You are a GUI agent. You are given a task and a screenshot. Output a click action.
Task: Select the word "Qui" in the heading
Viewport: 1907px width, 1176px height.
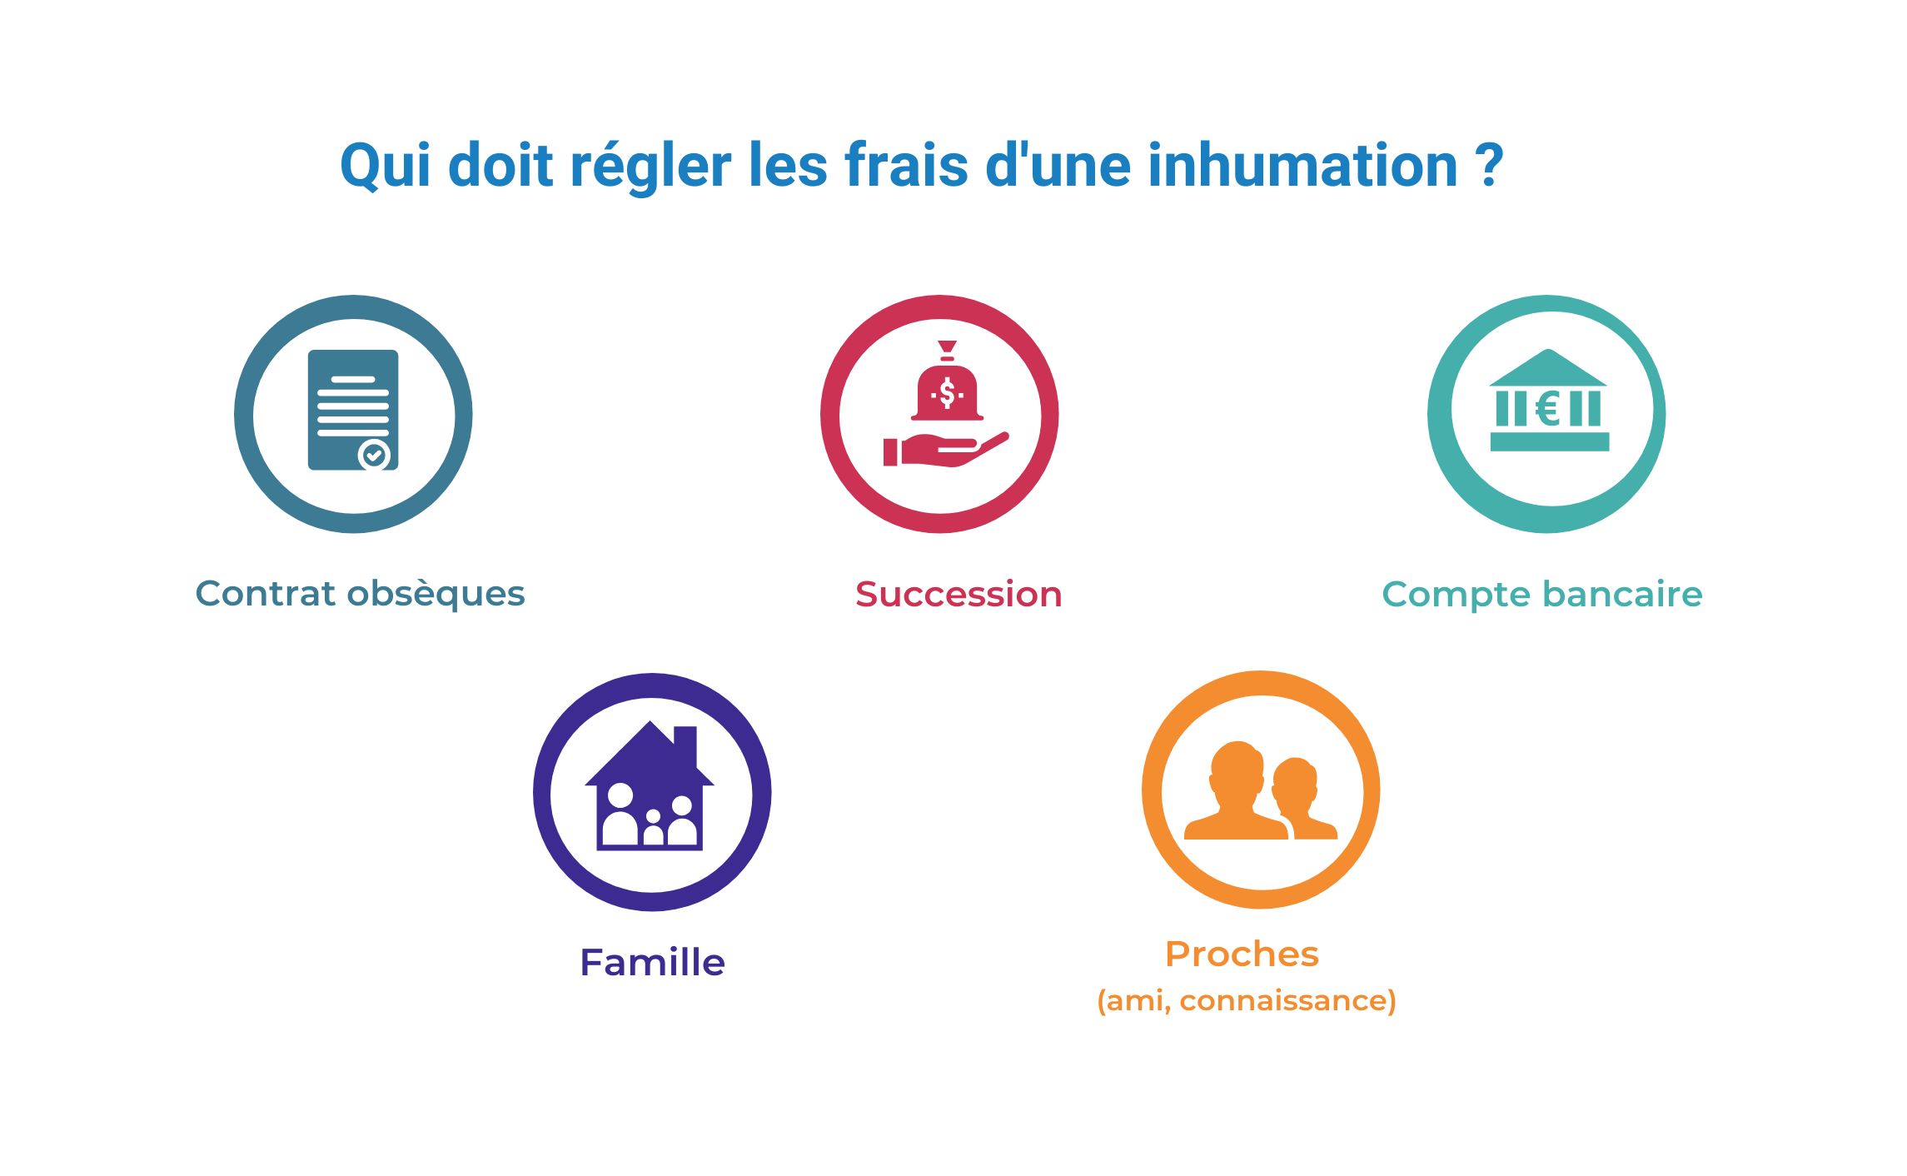click(385, 167)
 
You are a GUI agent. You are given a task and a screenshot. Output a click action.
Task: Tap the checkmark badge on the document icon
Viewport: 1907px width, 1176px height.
click(374, 455)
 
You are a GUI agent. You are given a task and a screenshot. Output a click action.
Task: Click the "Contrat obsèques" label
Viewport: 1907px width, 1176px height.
click(360, 594)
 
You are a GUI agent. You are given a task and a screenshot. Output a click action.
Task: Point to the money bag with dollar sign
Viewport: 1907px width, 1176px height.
click(947, 390)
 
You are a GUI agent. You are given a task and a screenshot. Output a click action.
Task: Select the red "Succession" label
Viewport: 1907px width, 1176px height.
click(958, 595)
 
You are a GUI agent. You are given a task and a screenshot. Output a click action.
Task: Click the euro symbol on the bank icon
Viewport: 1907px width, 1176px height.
click(1547, 409)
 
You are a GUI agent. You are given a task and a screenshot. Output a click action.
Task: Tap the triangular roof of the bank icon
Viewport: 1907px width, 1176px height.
click(1547, 368)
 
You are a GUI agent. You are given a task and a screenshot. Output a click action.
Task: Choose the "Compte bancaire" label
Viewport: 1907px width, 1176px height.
click(1541, 595)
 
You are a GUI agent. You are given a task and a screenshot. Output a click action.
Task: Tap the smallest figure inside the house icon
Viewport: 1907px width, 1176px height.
click(654, 828)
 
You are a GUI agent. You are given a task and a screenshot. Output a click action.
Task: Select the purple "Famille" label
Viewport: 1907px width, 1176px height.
click(652, 963)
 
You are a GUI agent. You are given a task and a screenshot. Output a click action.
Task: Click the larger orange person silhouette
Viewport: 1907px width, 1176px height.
click(1236, 791)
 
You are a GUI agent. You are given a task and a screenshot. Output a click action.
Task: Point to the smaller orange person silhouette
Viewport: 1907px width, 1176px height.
click(1301, 798)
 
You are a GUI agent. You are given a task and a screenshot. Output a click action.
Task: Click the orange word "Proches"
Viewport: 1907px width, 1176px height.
click(1242, 954)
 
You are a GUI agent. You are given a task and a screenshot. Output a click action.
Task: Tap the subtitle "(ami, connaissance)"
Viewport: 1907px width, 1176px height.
click(1246, 1000)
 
